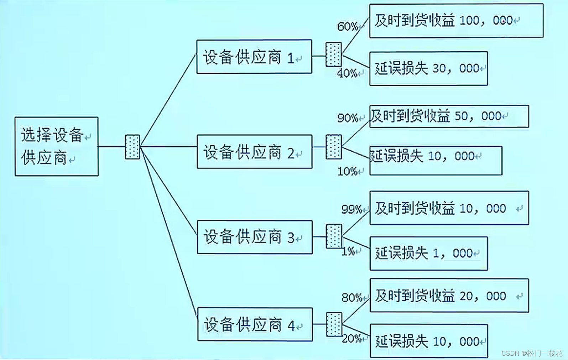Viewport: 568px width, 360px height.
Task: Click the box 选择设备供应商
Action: (56, 146)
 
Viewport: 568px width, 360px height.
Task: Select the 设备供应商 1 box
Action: (254, 57)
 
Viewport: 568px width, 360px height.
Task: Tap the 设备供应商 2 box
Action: (254, 152)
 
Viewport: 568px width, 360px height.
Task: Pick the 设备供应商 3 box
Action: (255, 237)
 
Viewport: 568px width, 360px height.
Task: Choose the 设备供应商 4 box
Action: (255, 324)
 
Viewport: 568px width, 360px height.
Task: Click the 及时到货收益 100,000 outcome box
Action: (456, 21)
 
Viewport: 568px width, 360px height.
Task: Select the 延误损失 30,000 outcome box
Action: (428, 68)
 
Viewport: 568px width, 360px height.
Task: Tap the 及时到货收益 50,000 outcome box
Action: (449, 116)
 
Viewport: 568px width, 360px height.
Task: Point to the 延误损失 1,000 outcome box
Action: (429, 253)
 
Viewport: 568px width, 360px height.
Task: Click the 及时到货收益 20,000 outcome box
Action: (449, 296)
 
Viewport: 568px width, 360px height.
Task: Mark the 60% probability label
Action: (348, 26)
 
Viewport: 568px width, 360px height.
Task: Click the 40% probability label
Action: (347, 73)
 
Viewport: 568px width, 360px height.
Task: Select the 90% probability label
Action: (348, 118)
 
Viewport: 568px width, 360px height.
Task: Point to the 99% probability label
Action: (351, 209)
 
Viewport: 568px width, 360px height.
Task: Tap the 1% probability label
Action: (348, 252)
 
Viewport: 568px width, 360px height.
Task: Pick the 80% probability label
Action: (352, 297)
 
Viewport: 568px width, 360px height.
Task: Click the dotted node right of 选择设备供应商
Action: (132, 147)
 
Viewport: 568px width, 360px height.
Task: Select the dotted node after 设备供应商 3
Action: (334, 236)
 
